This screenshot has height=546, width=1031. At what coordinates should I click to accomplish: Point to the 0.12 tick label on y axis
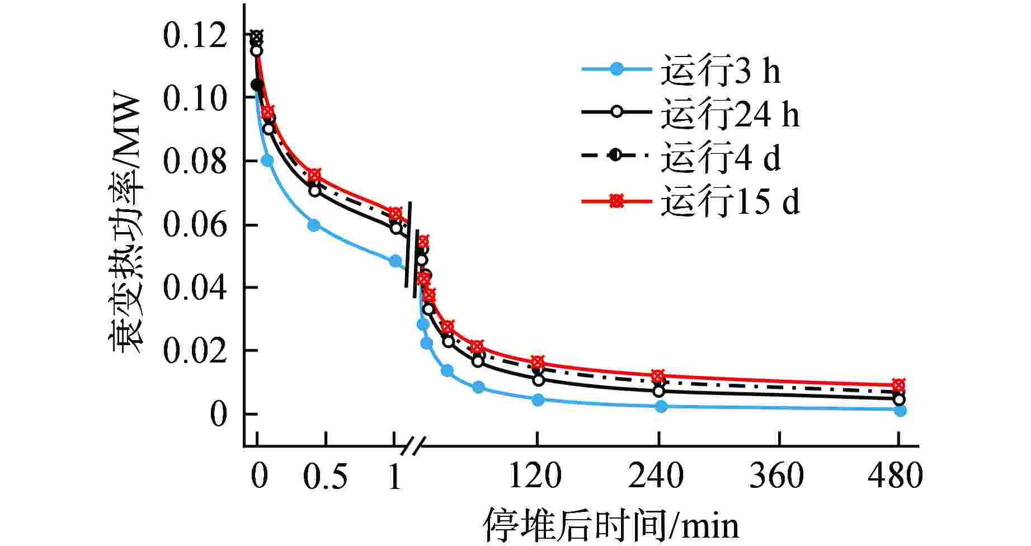(x=194, y=36)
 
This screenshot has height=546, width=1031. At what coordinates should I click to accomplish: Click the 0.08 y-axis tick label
(x=194, y=162)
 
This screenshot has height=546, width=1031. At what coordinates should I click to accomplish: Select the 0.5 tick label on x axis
(x=325, y=477)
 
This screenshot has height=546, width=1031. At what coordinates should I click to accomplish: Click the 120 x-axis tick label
(x=536, y=477)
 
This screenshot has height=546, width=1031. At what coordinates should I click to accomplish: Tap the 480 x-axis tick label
(x=895, y=477)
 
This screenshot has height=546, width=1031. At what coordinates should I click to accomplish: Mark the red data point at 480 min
(x=898, y=385)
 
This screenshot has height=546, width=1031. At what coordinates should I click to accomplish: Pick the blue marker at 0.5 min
(x=314, y=225)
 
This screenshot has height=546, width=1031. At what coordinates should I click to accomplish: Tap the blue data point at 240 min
(x=661, y=407)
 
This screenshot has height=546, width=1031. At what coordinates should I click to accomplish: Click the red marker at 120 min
(x=538, y=362)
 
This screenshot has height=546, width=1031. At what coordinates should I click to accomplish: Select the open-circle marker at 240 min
(x=659, y=391)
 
